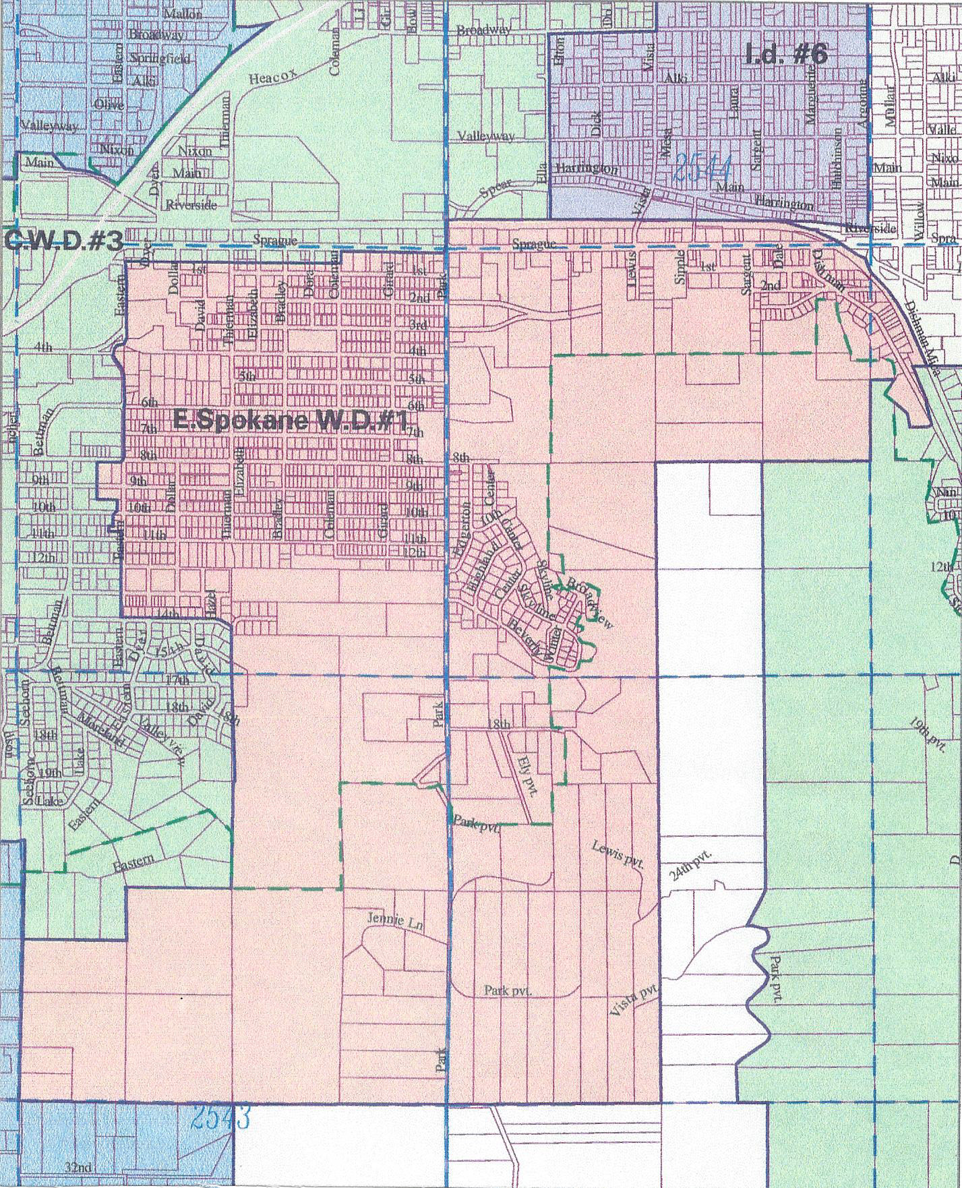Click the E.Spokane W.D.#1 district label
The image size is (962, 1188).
(x=291, y=421)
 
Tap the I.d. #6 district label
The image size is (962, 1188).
(x=785, y=54)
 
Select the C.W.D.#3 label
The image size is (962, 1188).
(x=62, y=240)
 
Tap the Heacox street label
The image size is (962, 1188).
(x=273, y=78)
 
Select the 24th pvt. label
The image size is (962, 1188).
(x=690, y=866)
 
